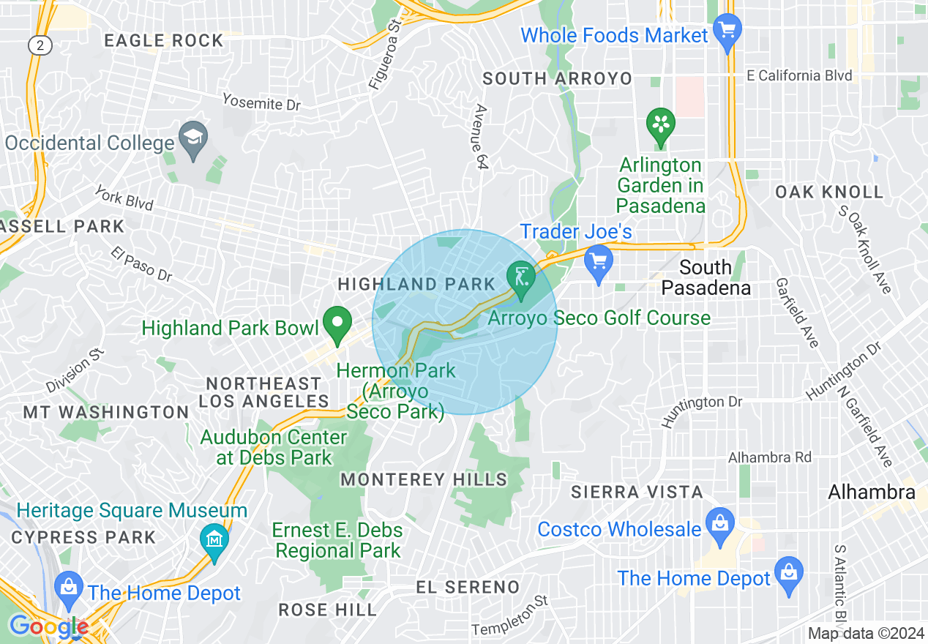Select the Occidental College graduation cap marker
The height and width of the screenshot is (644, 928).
(194, 140)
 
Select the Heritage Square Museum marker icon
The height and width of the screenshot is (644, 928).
(214, 542)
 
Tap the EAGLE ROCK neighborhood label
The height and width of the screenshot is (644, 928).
(163, 40)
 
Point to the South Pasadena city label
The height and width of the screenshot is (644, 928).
(706, 277)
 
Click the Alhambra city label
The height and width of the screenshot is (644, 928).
(871, 493)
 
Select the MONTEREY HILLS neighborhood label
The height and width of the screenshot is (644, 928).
(424, 480)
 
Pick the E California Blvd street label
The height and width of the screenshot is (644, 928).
(799, 75)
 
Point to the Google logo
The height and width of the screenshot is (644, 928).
(48, 626)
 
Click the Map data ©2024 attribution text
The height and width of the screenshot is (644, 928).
(864, 634)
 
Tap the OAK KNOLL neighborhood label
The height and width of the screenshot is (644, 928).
(829, 192)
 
